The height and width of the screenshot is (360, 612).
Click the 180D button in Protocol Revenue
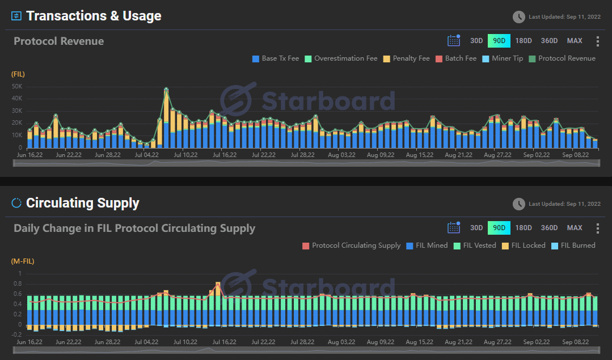coord(524,41)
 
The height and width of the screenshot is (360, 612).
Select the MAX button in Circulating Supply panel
coord(575,228)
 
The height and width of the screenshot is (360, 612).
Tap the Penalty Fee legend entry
coord(407,58)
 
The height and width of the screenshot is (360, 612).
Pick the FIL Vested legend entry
coord(476,245)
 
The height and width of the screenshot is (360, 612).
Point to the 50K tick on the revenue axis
coord(16,86)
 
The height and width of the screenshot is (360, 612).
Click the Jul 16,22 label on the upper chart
coord(225,155)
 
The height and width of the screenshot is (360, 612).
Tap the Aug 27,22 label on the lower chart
coord(497,342)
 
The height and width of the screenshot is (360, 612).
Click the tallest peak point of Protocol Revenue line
coord(166,89)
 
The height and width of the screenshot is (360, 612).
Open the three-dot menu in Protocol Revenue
coord(597,41)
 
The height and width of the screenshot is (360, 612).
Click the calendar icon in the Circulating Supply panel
coord(454,228)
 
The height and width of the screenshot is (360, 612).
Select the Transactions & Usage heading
coord(94,16)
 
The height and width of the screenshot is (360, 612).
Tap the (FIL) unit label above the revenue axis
coord(18,74)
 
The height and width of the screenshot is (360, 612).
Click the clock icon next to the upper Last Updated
coord(518,17)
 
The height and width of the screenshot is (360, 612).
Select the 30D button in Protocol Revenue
coord(476,41)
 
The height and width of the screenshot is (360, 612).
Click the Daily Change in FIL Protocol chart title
coord(134,228)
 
